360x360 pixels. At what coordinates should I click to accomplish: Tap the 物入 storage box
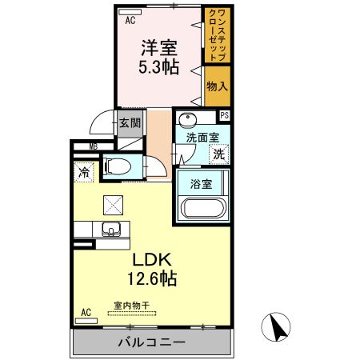(x=217, y=86)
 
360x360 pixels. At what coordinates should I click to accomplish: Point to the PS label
(x=225, y=115)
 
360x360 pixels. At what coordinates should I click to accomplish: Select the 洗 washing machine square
(x=218, y=154)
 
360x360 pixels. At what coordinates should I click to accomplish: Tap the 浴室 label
(x=201, y=184)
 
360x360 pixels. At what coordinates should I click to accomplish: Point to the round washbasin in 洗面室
(x=186, y=120)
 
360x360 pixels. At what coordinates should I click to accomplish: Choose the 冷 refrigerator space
(x=84, y=171)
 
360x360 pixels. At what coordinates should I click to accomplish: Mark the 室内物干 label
(x=130, y=305)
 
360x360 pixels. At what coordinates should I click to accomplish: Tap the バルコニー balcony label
(x=152, y=342)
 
